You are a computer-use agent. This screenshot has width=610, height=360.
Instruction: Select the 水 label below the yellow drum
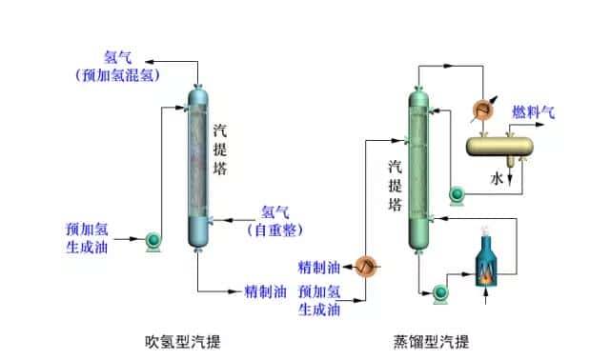point(498,178)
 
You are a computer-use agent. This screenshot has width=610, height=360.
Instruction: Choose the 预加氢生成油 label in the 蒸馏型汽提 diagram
point(318,299)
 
